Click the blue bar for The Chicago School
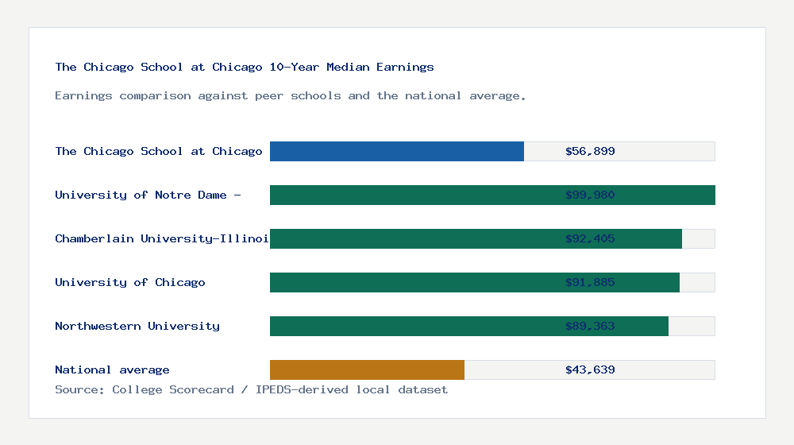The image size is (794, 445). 397,151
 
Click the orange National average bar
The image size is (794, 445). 367,370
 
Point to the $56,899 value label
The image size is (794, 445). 590,151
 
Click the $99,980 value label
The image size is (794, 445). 590,195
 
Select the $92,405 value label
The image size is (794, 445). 590,238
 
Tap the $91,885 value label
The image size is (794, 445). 590,282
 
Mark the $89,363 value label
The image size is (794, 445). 590,326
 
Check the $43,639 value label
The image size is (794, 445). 590,370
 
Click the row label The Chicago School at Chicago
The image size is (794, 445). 159,151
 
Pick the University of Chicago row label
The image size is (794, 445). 130,282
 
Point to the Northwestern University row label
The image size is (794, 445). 137,326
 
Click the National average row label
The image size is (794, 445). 112,370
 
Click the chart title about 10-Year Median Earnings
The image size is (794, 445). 245,67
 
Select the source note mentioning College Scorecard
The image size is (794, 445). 251,389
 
